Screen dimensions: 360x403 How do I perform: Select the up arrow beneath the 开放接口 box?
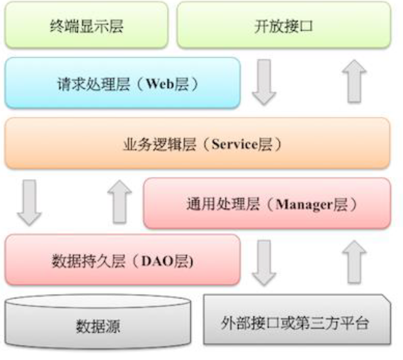click(356, 82)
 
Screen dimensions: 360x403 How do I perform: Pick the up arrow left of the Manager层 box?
click(121, 202)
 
